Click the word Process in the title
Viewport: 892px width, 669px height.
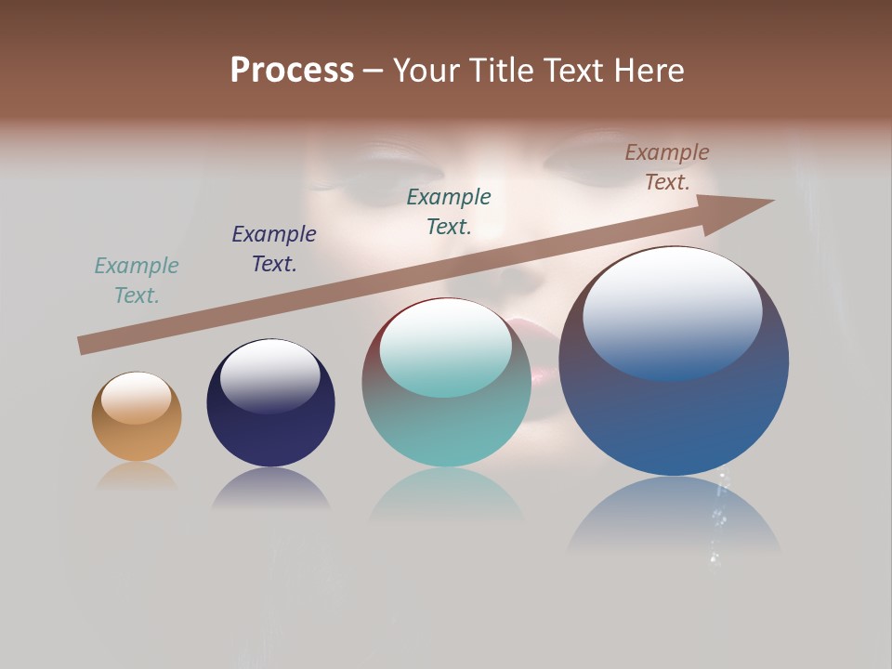click(292, 71)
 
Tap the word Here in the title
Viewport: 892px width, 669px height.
click(649, 71)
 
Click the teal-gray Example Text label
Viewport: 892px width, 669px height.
click(137, 281)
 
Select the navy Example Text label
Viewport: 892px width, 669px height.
click(274, 249)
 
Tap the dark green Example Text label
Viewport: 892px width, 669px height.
click(449, 212)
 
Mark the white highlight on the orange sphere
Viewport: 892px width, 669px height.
click(136, 397)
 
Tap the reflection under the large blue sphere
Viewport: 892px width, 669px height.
click(674, 516)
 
